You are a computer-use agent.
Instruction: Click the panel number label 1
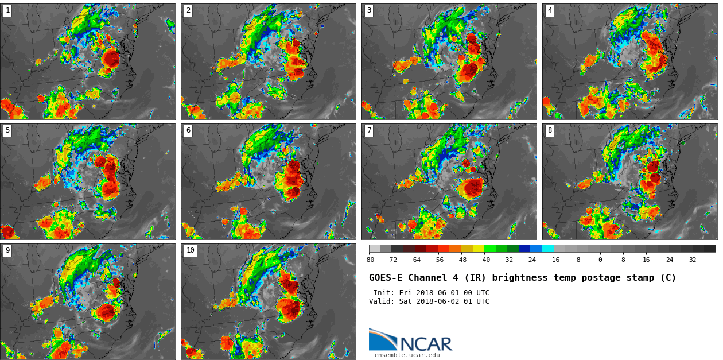pos(7,10)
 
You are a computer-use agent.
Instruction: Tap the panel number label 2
pos(188,10)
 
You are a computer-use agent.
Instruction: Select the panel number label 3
pos(369,10)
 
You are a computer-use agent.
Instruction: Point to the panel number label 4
pos(550,10)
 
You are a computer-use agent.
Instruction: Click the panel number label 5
pos(7,130)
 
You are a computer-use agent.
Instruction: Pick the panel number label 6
pos(188,130)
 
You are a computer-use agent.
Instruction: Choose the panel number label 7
pos(369,130)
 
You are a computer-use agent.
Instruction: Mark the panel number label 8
pos(550,130)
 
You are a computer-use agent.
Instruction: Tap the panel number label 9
pos(7,250)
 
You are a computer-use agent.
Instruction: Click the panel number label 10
pos(190,250)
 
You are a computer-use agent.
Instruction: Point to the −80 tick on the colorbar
pos(369,253)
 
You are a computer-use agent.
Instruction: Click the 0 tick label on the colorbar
pos(600,260)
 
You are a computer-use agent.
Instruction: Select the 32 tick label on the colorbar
pos(693,260)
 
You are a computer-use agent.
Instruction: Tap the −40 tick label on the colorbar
pos(484,260)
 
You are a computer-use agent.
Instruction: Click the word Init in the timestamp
pos(384,293)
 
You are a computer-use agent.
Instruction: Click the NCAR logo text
pos(426,344)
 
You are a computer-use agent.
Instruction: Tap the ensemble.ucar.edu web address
pos(407,355)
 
